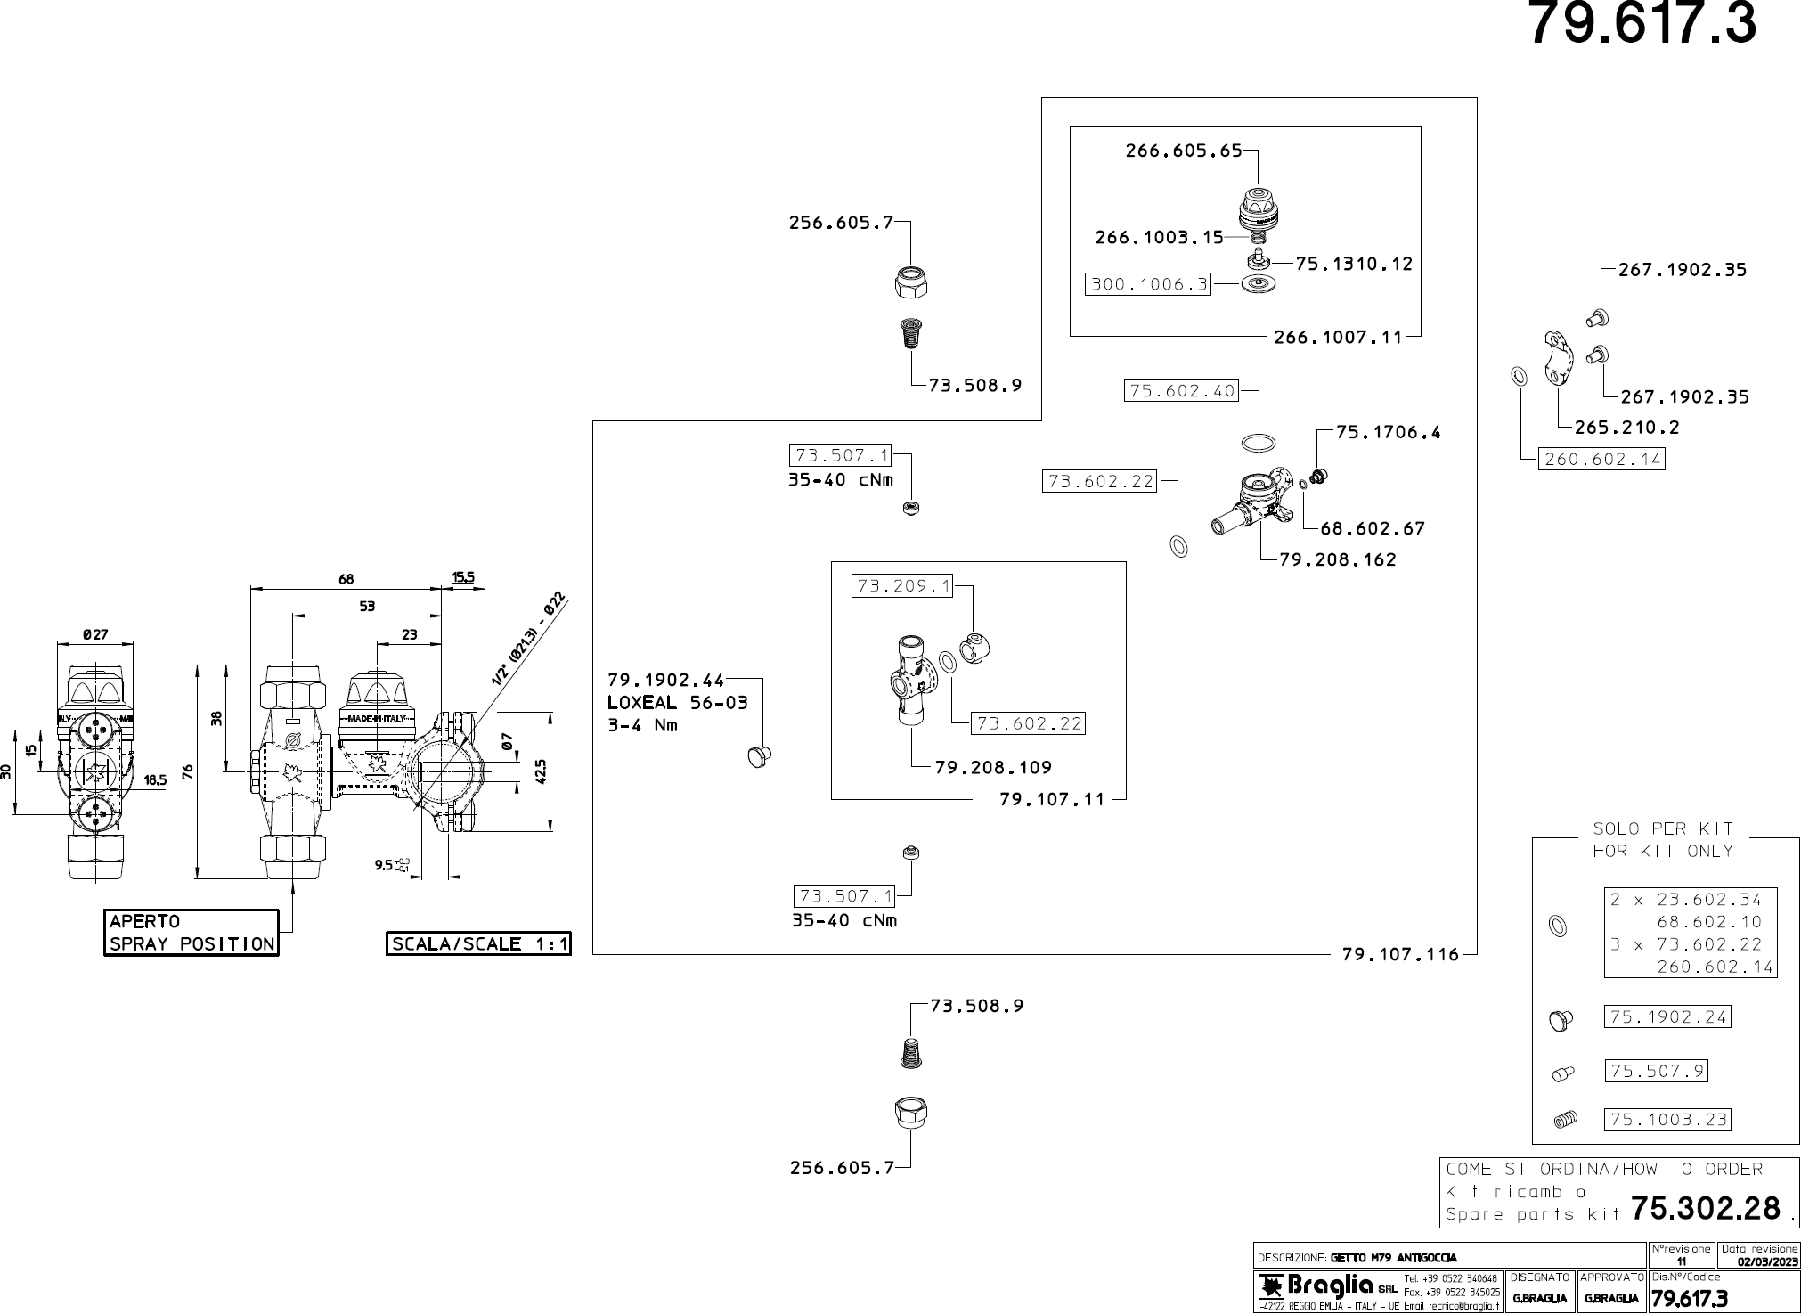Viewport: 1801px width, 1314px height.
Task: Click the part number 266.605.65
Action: [1183, 151]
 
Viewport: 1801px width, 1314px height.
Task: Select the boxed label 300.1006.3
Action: [1148, 284]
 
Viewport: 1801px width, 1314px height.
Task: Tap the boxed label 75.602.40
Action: [1182, 390]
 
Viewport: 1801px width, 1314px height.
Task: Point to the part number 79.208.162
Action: [1338, 559]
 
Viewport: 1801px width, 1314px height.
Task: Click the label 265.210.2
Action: [1626, 427]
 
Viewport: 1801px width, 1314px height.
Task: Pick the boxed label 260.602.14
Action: [1602, 459]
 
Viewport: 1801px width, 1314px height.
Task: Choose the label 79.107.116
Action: [1400, 954]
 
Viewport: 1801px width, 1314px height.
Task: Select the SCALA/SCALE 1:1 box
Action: [478, 943]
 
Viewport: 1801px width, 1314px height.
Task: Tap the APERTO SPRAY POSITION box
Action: [192, 933]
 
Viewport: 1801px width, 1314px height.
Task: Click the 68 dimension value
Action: [346, 579]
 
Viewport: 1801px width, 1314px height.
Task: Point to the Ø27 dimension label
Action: [95, 634]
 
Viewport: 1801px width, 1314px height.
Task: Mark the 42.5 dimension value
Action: [541, 771]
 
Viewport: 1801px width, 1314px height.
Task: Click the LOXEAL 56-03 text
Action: [677, 702]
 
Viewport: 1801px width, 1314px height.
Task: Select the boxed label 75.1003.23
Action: [1667, 1119]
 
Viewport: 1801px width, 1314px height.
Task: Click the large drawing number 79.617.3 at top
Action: [1642, 24]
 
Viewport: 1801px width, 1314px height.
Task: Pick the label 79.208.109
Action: [993, 767]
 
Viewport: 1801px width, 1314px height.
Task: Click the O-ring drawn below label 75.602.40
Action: [1257, 443]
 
